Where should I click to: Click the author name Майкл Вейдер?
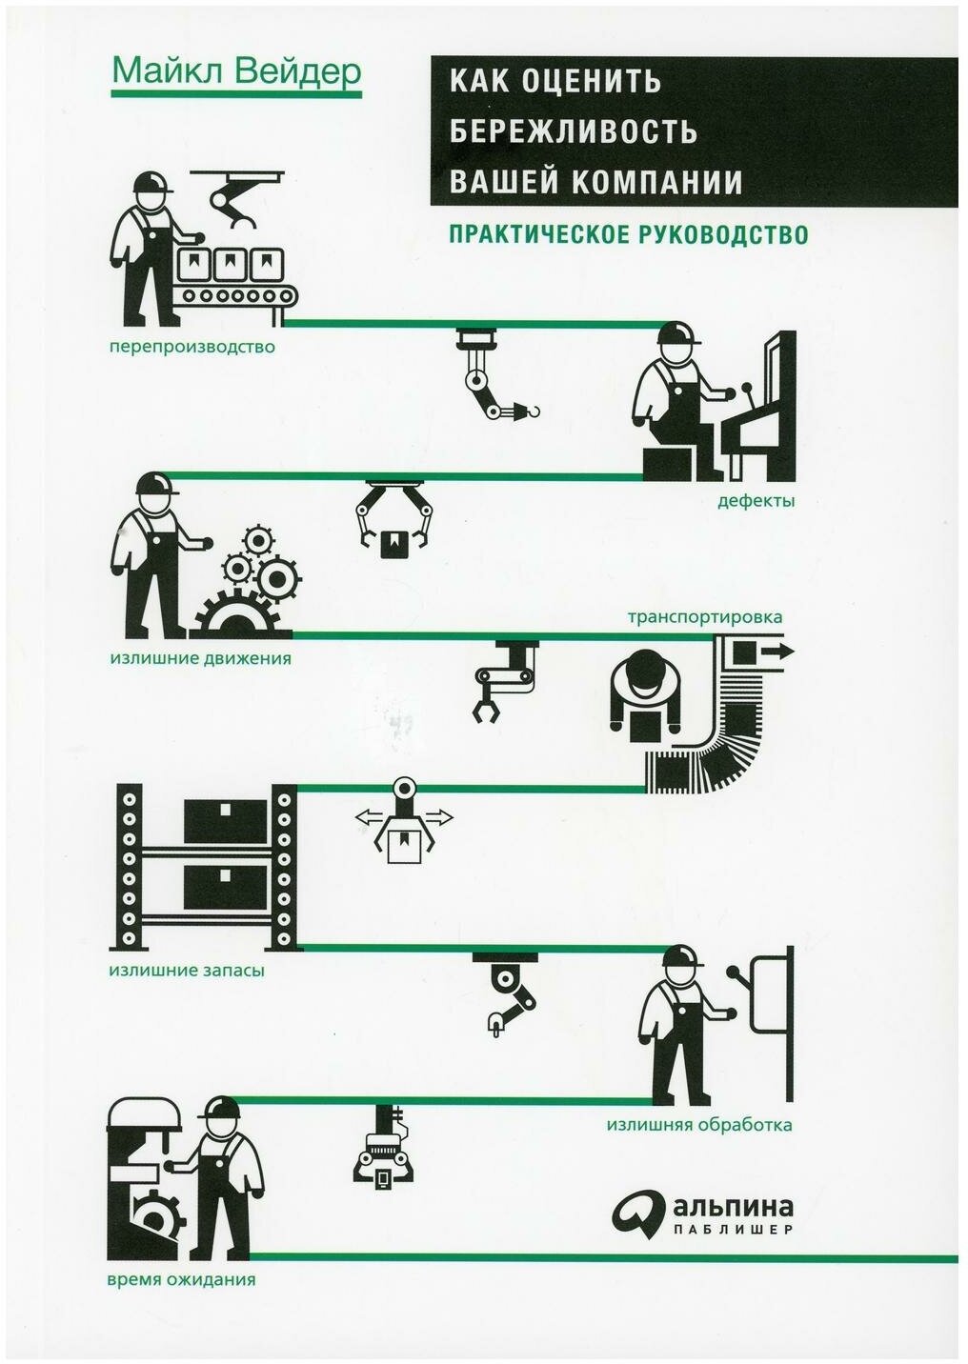tap(236, 71)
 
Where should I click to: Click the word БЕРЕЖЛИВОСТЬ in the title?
tap(574, 130)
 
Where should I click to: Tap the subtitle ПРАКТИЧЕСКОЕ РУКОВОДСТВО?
tap(629, 234)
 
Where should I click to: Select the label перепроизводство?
tap(192, 349)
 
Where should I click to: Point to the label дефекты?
tap(756, 502)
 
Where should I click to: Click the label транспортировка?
tap(705, 618)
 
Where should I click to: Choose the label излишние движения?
tap(200, 659)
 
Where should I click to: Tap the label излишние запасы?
tap(187, 971)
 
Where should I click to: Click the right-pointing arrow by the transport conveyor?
tap(778, 652)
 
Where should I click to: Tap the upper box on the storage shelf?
tap(225, 821)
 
